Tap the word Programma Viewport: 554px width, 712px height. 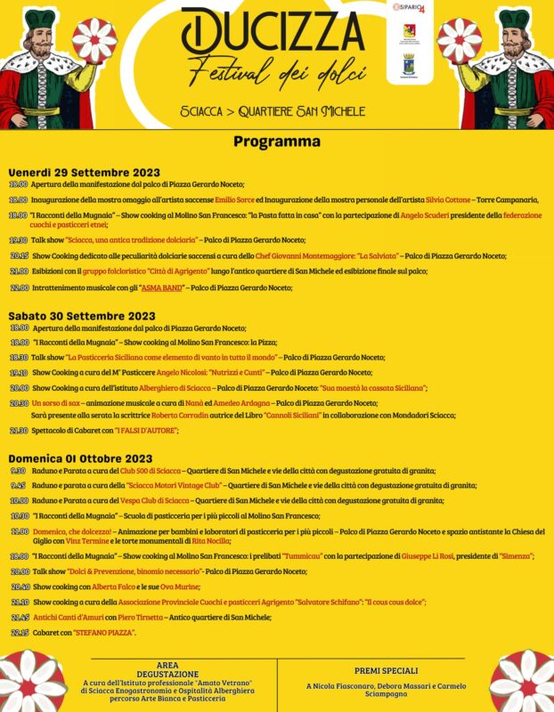coord(277,142)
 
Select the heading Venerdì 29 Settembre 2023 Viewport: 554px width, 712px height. coord(85,172)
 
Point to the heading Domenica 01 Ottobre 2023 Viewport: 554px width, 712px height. coord(81,458)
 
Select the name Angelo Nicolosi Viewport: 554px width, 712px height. coord(178,373)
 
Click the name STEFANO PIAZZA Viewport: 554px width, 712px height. coord(99,632)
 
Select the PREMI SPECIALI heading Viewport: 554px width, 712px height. coord(385,670)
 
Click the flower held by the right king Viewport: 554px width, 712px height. coord(460,39)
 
